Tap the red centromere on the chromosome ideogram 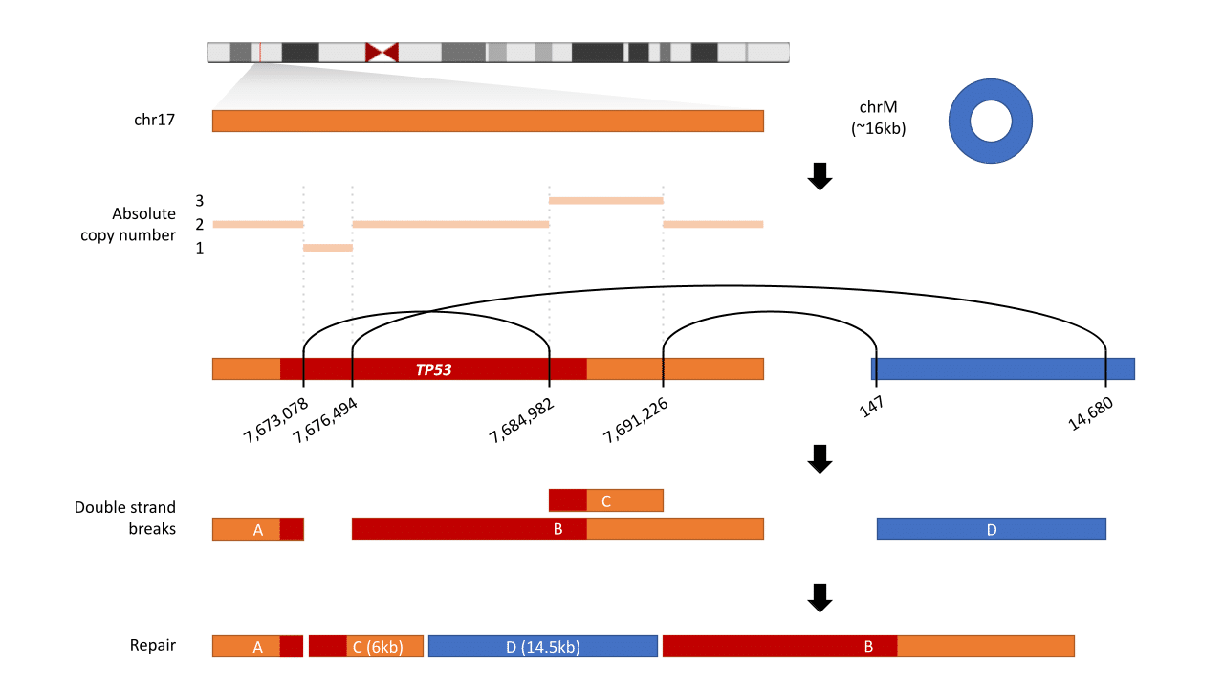click(x=382, y=53)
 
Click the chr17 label click(x=154, y=121)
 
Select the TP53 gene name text click(x=433, y=369)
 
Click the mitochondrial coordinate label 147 click(x=870, y=407)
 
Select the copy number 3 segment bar click(x=605, y=201)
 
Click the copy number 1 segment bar click(x=328, y=248)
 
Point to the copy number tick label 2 click(x=200, y=225)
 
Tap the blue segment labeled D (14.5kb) click(x=542, y=647)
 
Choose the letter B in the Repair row click(x=868, y=647)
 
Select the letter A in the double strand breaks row click(x=257, y=530)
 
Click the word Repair click(x=153, y=645)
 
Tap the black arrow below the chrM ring click(x=820, y=176)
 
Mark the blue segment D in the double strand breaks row click(x=992, y=529)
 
